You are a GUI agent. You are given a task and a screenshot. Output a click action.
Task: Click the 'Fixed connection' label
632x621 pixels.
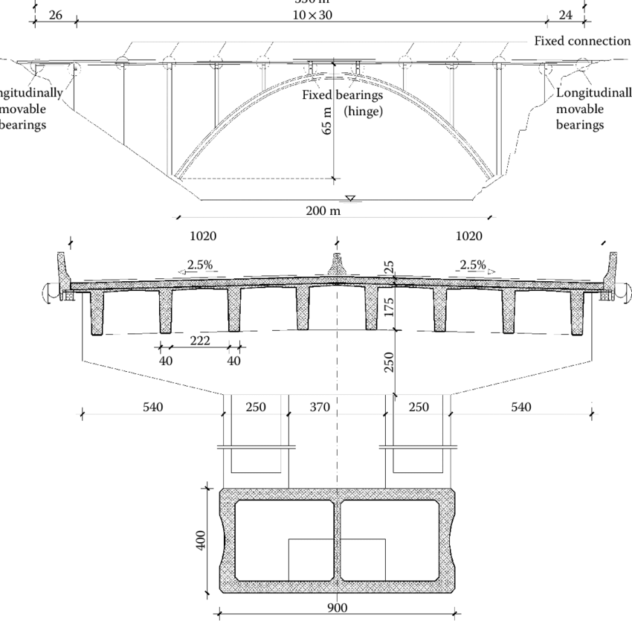pos(581,40)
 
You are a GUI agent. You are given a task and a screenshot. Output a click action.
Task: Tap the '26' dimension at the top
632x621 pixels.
pos(55,16)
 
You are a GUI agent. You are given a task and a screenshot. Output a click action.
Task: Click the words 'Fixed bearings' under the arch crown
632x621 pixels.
pos(336,95)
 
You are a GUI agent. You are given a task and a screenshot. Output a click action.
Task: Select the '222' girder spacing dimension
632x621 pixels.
pos(199,341)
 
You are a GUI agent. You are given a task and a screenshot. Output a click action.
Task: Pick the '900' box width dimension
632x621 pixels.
pos(337,608)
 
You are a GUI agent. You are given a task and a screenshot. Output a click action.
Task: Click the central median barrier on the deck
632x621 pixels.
pos(337,266)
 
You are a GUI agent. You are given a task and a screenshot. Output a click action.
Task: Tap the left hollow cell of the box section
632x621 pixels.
pos(285,540)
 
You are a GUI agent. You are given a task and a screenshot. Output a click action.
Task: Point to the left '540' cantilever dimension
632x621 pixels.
pos(152,407)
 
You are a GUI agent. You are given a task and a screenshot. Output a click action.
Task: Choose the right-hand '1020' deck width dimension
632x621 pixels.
pos(468,237)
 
